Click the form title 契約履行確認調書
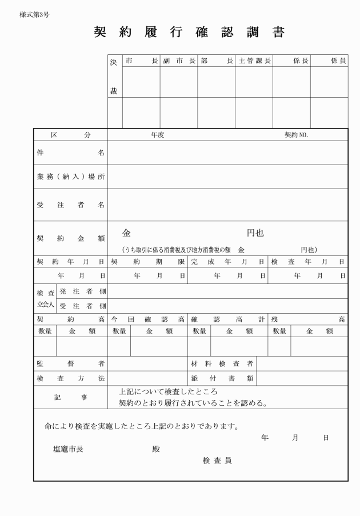189,32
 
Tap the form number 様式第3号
34,15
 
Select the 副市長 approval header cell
178,60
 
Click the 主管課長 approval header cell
254,60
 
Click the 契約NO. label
297,135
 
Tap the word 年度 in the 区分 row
158,135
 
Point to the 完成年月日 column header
227,262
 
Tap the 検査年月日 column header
307,262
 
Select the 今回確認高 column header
147,319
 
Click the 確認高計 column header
227,319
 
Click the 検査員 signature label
217,461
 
